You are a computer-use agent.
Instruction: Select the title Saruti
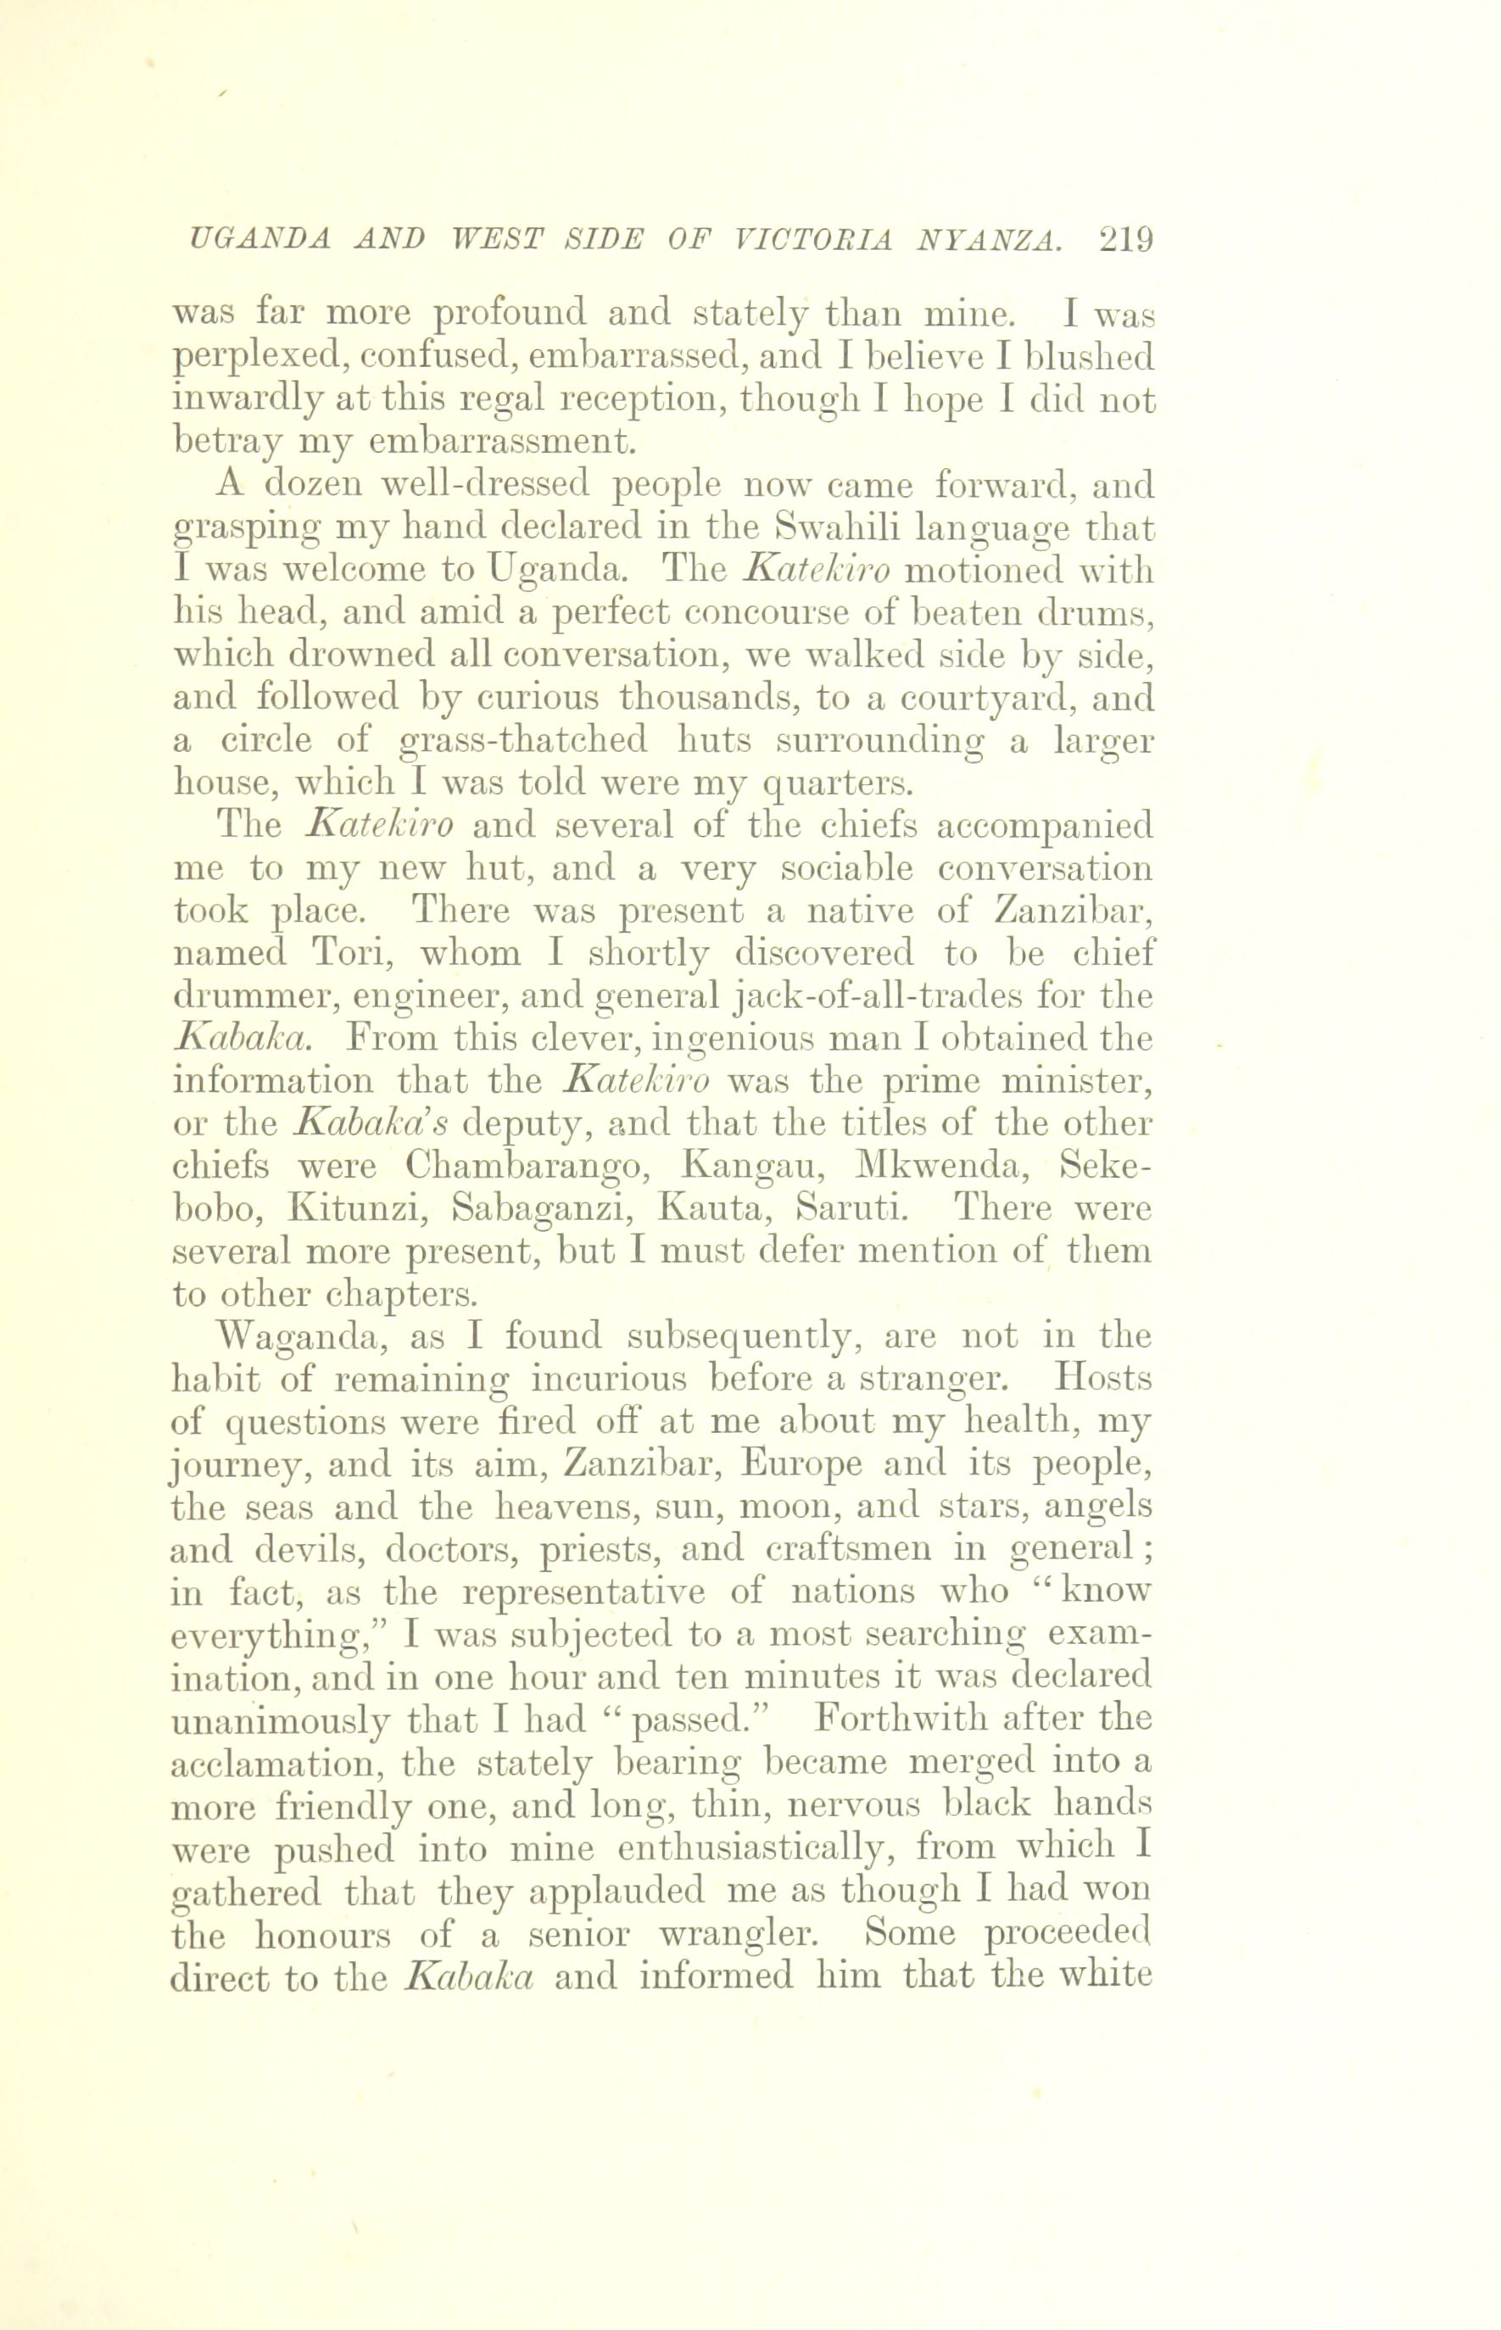pos(853,1208)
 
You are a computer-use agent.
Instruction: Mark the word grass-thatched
pos(524,740)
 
